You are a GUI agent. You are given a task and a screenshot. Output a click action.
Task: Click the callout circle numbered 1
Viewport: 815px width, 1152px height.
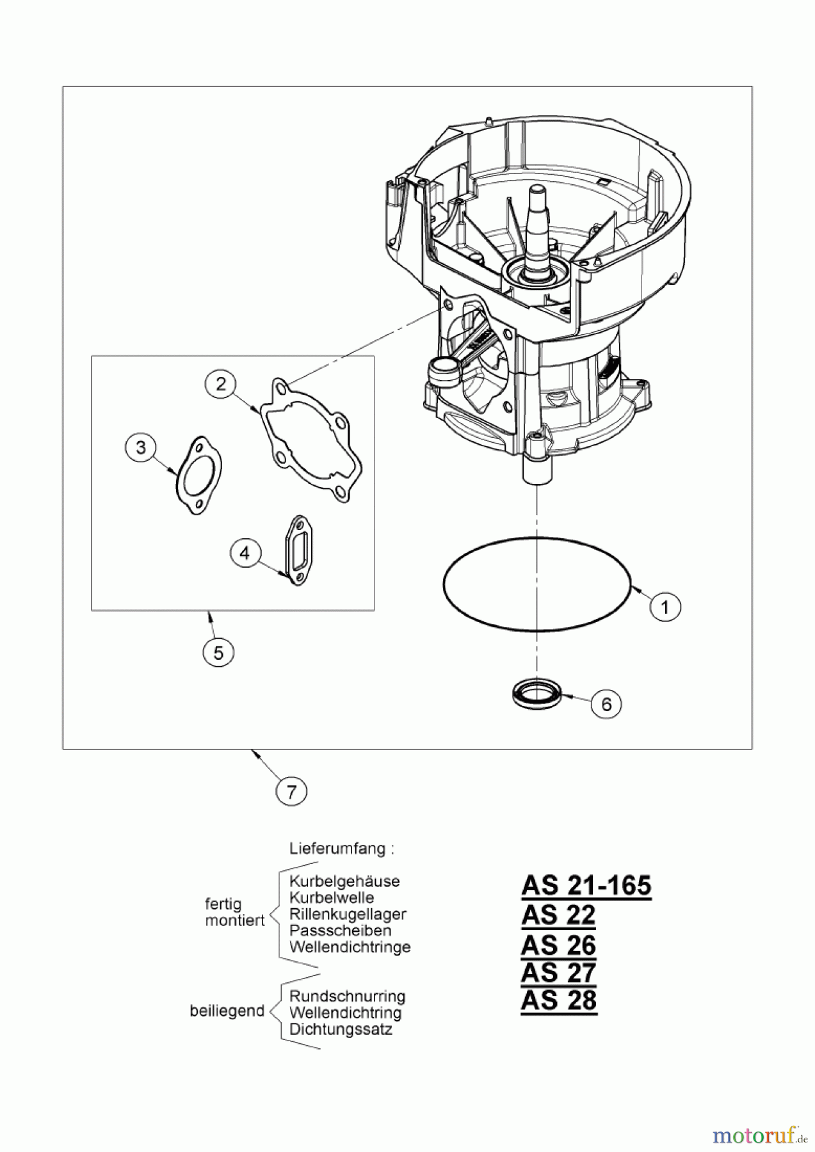pos(665,606)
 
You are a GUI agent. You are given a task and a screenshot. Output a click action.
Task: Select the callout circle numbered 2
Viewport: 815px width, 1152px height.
pos(221,384)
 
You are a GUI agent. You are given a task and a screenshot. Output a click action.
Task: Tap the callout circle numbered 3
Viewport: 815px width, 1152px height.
pos(141,448)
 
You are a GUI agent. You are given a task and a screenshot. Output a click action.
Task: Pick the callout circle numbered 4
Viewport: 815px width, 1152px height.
pos(245,552)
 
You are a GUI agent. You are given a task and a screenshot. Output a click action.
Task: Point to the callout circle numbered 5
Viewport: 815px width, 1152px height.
pos(218,653)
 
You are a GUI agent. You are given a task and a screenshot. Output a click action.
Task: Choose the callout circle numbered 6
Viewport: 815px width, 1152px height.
pos(606,704)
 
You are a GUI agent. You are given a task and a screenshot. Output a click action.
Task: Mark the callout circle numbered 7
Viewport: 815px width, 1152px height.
pos(292,792)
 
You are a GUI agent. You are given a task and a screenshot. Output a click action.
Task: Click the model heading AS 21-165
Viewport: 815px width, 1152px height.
pos(586,886)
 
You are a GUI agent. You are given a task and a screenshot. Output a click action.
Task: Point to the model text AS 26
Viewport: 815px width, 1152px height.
pos(558,945)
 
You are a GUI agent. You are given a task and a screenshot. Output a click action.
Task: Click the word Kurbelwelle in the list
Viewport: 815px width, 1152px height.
pos(331,898)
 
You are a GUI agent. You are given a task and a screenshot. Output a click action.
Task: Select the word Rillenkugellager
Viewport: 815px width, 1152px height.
pos(348,915)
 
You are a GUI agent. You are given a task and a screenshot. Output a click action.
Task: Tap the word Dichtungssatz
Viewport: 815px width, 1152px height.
pos(341,1030)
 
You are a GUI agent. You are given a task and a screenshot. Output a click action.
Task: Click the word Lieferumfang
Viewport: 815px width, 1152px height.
pos(341,849)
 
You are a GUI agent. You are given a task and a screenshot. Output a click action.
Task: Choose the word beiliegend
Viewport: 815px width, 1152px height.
pos(227,1011)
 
